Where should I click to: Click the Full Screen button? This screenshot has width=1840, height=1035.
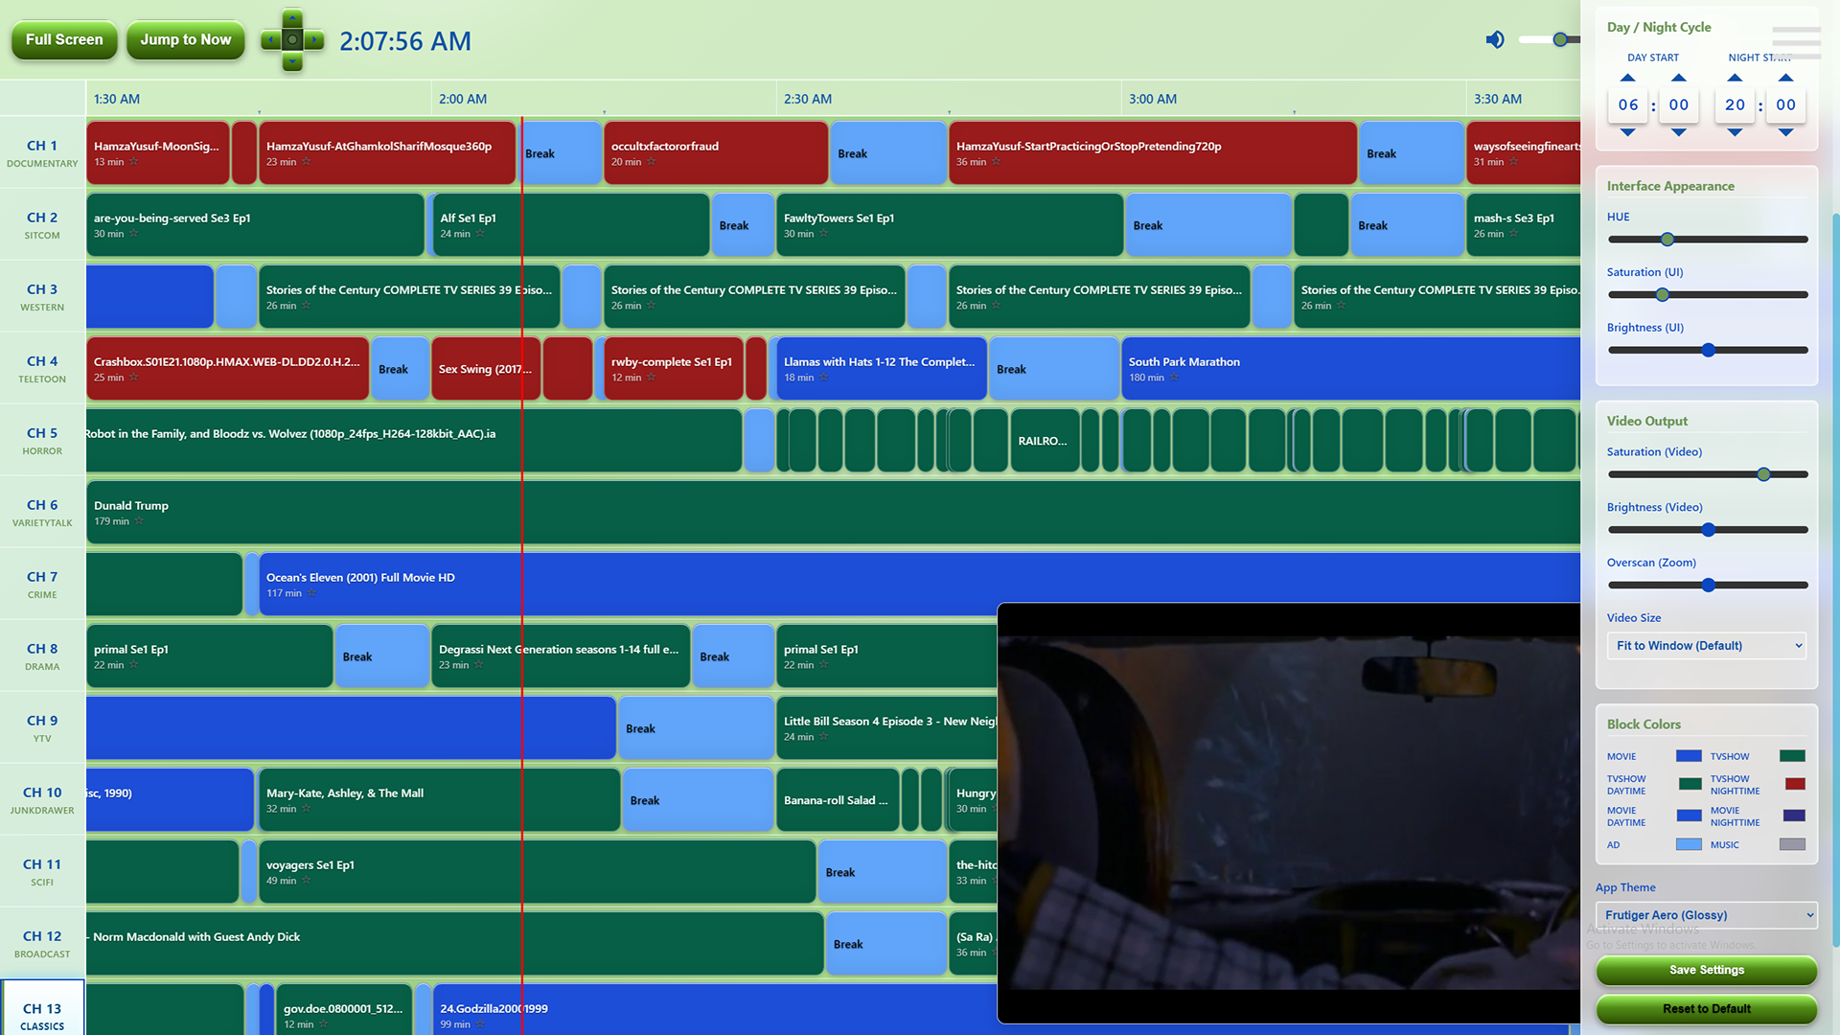pyautogui.click(x=64, y=40)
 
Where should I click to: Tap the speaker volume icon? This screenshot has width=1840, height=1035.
pyautogui.click(x=1495, y=39)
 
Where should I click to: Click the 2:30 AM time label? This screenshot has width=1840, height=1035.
pyautogui.click(x=807, y=99)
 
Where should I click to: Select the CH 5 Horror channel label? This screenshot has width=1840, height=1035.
pyautogui.click(x=42, y=440)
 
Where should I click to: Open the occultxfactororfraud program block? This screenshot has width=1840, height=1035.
pyautogui.click(x=715, y=153)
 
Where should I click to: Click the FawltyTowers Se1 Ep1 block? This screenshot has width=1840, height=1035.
pyautogui.click(x=949, y=225)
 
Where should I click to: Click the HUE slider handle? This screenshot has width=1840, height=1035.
pyautogui.click(x=1667, y=240)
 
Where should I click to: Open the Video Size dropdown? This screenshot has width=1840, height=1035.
pyautogui.click(x=1706, y=646)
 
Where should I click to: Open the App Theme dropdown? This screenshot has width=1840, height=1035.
pyautogui.click(x=1706, y=915)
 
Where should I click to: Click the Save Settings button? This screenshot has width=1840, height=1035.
pyautogui.click(x=1706, y=970)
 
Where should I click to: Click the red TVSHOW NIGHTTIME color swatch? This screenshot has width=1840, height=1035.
pyautogui.click(x=1795, y=785)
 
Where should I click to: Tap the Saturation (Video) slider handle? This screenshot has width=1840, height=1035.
pyautogui.click(x=1763, y=474)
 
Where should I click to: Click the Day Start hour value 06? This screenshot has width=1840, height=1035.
pyautogui.click(x=1628, y=105)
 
